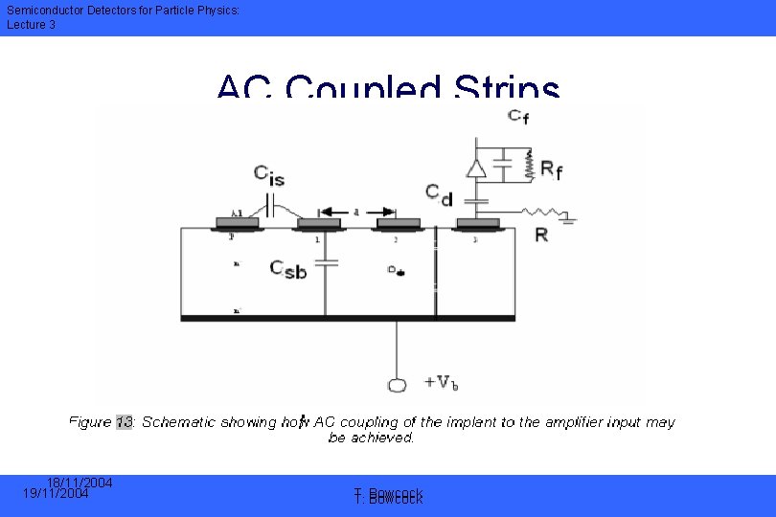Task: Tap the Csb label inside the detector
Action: (x=288, y=269)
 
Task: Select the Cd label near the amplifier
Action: (x=440, y=197)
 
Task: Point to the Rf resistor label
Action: (x=552, y=169)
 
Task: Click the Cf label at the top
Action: (x=518, y=117)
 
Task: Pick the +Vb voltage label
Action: (x=441, y=383)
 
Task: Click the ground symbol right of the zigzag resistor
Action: (x=569, y=219)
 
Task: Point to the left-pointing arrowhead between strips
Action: (x=326, y=212)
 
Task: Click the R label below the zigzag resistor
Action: (x=541, y=234)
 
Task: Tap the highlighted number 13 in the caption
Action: (x=125, y=421)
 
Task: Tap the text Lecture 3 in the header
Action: (x=32, y=25)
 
